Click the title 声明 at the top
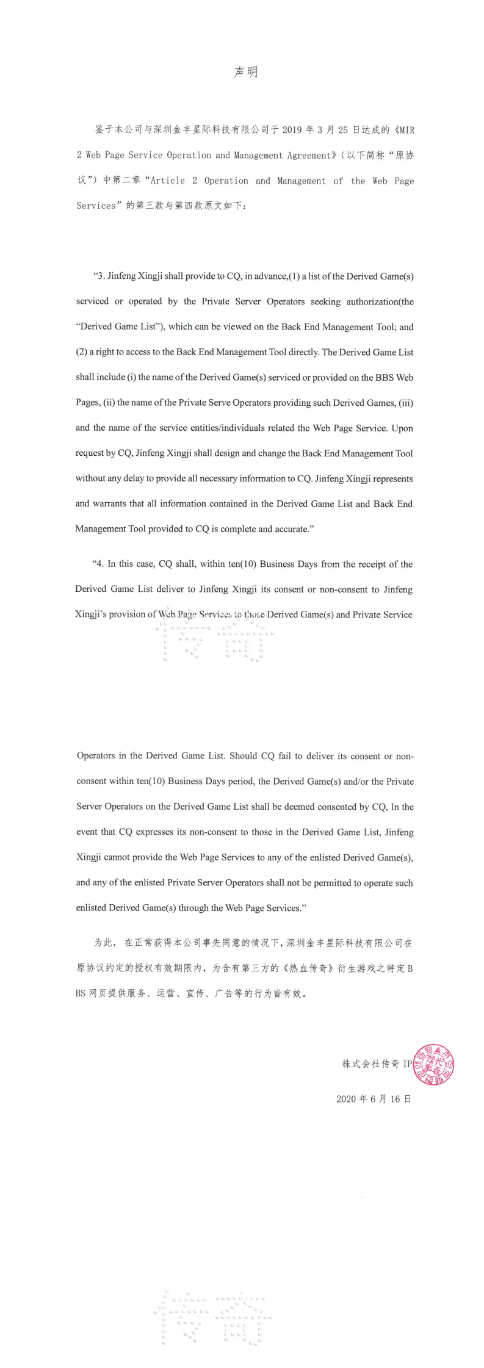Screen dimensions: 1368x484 coord(246,72)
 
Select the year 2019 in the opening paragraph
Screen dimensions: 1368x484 coord(292,130)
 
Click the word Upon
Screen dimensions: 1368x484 coord(402,428)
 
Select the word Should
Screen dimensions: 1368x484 coord(243,755)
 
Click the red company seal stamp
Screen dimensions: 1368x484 coord(433,1065)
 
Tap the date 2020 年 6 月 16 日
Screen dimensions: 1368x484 coord(374,1099)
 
